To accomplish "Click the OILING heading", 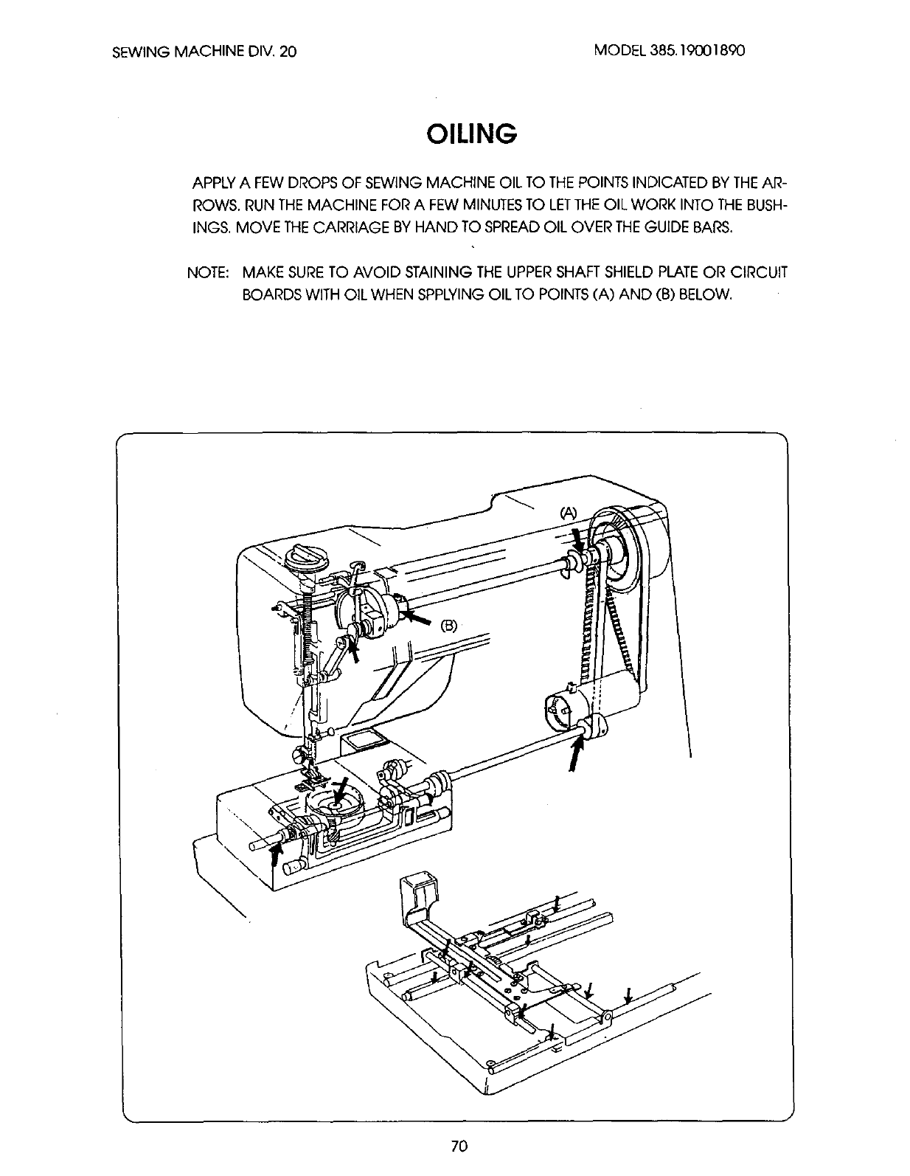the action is pos(470,134).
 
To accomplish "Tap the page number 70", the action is pos(457,1146).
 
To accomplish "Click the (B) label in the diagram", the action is pos(449,626).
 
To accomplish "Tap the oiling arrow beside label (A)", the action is pos(577,542).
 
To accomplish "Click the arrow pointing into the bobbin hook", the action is pos(340,791).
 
